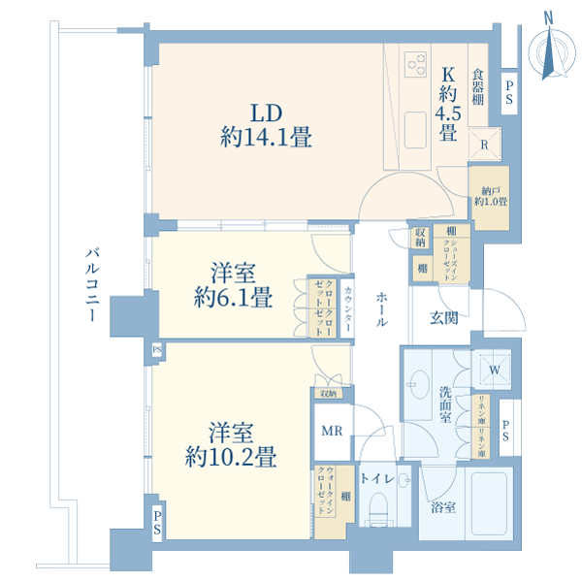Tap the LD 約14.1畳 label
pyautogui.click(x=266, y=125)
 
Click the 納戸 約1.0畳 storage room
pyautogui.click(x=488, y=197)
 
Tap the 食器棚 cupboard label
pyautogui.click(x=478, y=84)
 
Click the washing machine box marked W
pyautogui.click(x=492, y=370)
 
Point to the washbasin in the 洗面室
pyautogui.click(x=420, y=383)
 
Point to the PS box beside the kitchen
pyautogui.click(x=510, y=95)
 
